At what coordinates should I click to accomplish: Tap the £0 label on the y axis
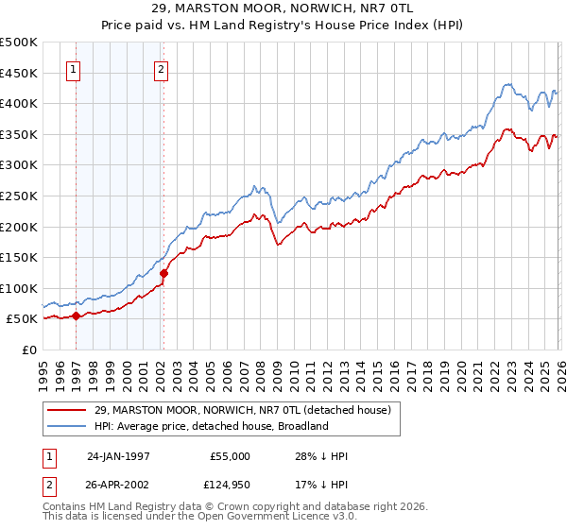(29, 350)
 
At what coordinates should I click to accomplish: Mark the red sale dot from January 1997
(77, 316)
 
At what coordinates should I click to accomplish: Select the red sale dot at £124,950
(163, 273)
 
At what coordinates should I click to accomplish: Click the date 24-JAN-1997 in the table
(118, 456)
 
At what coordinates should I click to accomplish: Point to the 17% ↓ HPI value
(321, 486)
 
